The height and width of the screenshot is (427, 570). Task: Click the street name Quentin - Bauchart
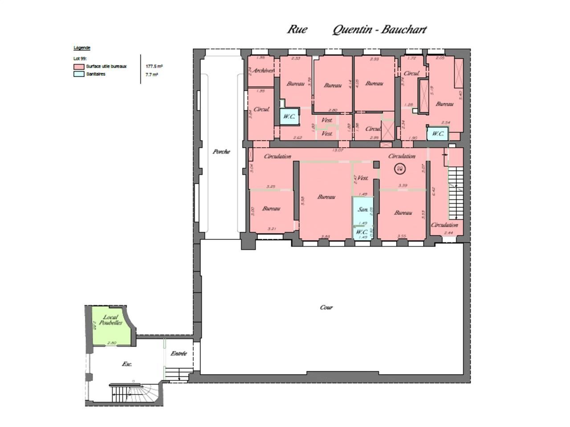(379, 30)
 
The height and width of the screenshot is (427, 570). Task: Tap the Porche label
(221, 152)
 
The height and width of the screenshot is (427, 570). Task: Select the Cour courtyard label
(326, 307)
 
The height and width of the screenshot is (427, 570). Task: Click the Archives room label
(262, 71)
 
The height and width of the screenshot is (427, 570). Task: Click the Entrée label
(179, 354)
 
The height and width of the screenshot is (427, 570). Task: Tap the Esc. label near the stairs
(127, 364)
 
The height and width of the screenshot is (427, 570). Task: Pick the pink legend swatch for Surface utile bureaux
(79, 67)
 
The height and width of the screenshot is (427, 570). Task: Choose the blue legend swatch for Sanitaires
(79, 74)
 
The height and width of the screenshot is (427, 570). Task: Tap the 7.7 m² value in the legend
(151, 75)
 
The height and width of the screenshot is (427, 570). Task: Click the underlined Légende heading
(82, 48)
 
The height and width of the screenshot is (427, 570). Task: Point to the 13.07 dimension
(338, 150)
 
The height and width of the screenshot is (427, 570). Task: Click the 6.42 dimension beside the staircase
(433, 191)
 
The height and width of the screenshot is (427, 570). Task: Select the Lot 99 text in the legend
(80, 58)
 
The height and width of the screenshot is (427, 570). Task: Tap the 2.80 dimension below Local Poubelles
(112, 343)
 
